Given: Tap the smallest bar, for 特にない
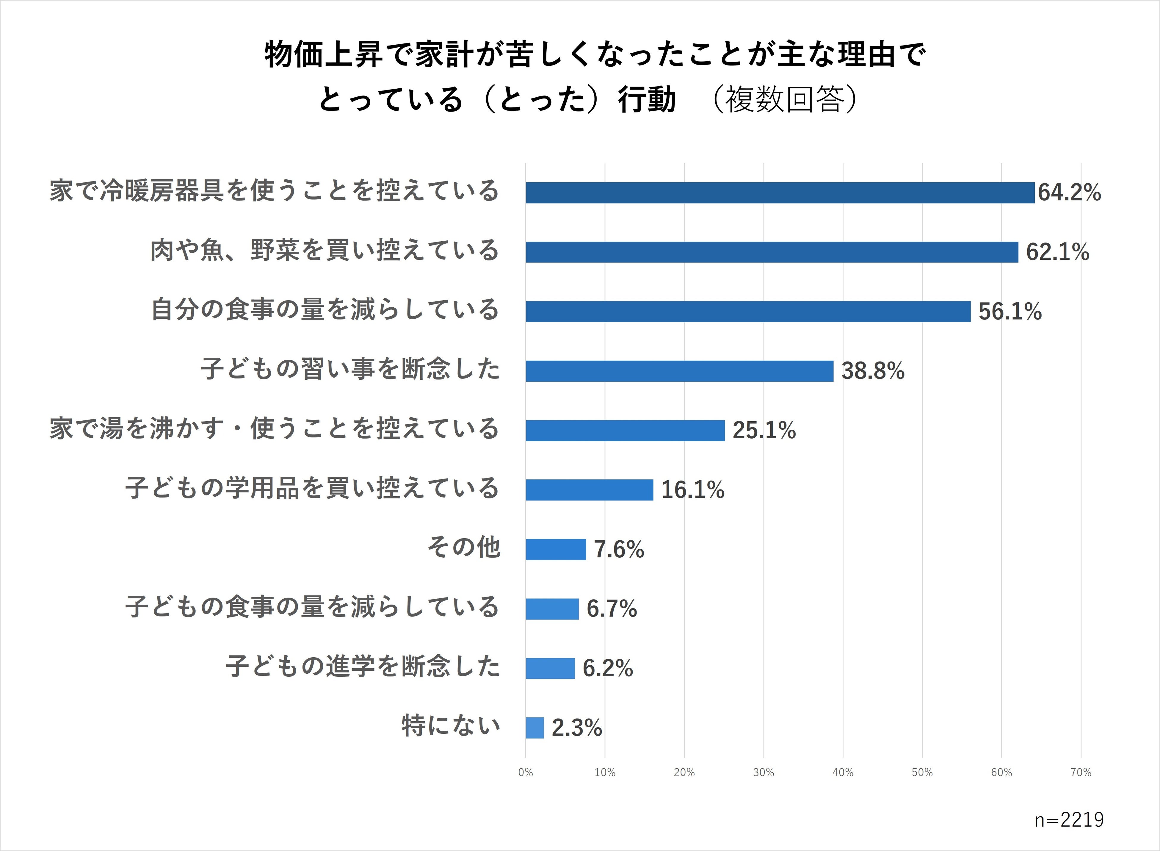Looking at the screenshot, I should (534, 728).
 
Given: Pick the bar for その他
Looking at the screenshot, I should (556, 549).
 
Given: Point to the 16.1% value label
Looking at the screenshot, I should (692, 490).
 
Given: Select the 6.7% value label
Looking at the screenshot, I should (611, 609).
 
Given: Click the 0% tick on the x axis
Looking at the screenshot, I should (525, 772).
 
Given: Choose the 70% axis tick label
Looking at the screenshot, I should (1080, 772).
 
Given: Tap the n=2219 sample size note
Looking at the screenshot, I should (1069, 819).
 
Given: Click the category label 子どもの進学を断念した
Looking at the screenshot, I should (363, 667).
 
